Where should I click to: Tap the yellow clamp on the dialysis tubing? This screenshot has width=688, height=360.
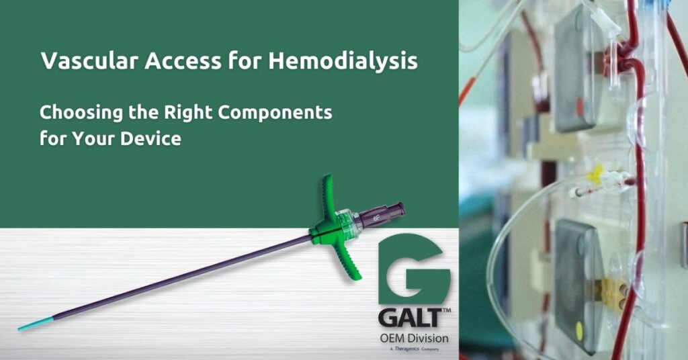(x=595, y=175)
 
